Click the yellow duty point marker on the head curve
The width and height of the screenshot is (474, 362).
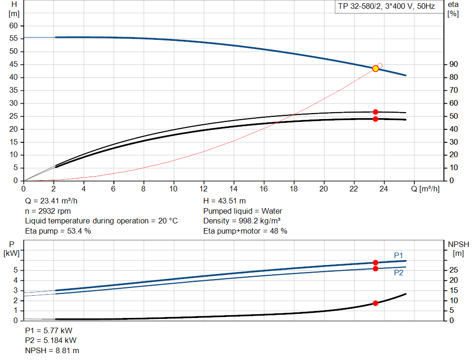click(375, 69)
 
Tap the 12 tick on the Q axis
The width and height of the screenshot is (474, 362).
click(204, 189)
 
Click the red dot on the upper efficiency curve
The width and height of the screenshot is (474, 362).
click(375, 112)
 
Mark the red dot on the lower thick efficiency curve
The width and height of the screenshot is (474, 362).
click(375, 119)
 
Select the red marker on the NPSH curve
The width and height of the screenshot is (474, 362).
click(375, 303)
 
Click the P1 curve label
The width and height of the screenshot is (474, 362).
click(399, 255)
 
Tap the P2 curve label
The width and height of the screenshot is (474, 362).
click(399, 273)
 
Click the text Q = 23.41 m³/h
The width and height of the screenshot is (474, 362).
click(51, 201)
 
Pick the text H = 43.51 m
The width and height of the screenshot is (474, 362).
click(225, 201)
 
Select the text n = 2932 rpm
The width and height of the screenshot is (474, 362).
click(48, 211)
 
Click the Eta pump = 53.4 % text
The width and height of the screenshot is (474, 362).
click(58, 231)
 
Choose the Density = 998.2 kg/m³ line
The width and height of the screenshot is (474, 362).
click(243, 221)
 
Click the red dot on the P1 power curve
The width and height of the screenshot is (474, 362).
click(375, 263)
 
